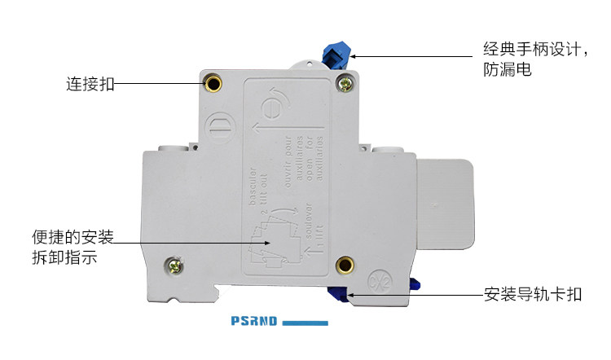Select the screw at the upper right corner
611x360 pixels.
pos(345,81)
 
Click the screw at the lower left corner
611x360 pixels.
pos(174,264)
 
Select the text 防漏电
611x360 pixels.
pos(502,71)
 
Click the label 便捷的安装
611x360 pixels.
pos(72,237)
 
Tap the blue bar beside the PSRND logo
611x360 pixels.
pos(305,323)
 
